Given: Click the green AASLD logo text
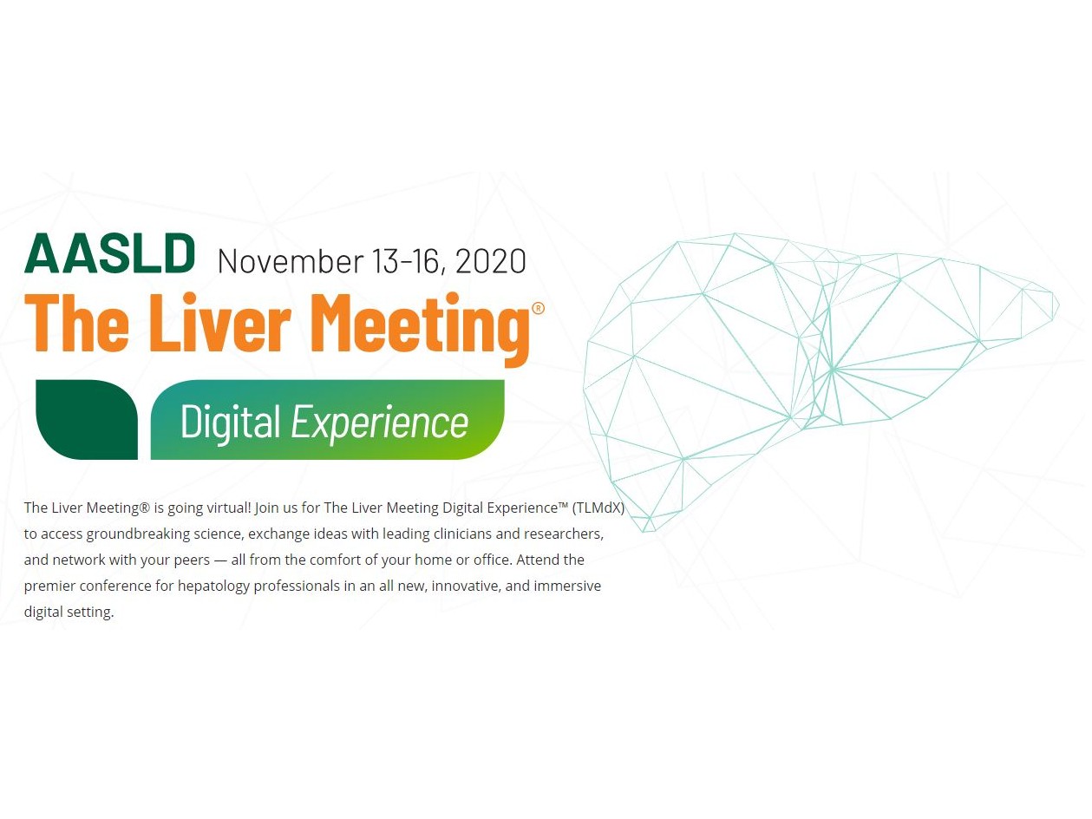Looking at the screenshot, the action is point(109,253).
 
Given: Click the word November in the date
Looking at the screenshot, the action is point(291,261).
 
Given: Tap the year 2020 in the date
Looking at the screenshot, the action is point(490,261).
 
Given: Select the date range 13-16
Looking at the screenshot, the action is point(408,262).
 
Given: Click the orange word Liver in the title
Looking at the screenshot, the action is point(220,323).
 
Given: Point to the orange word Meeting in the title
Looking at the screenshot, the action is point(423,329).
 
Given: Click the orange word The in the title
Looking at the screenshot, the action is point(77,323).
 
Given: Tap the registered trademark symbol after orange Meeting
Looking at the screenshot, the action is point(539,309).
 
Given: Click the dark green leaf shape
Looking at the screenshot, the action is point(87,419).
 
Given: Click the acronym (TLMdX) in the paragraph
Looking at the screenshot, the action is point(598,508).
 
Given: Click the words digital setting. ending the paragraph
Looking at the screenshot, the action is point(69,613).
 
